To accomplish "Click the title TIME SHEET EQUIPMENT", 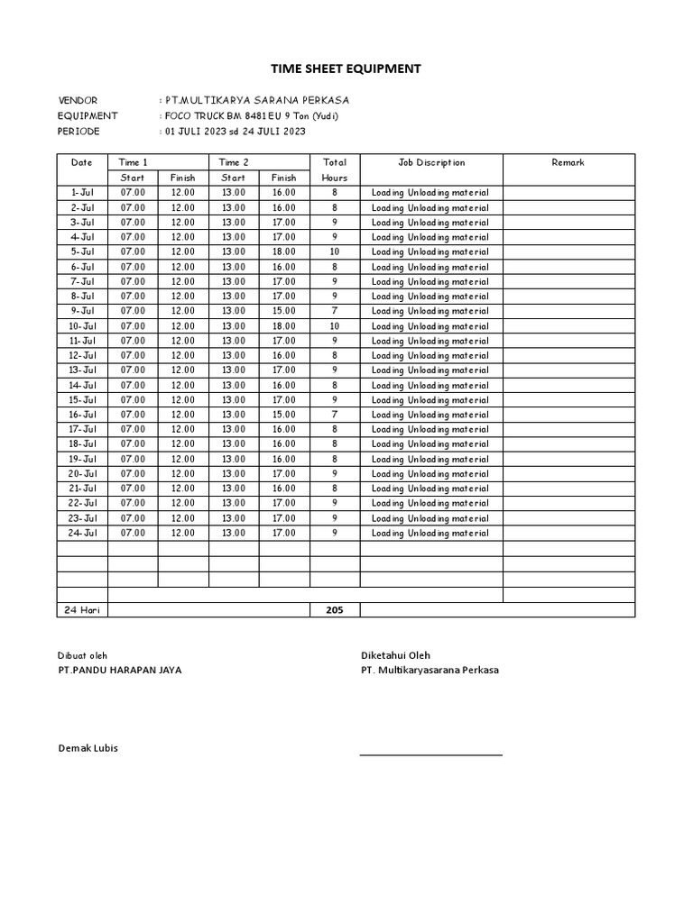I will pyautogui.click(x=346, y=69).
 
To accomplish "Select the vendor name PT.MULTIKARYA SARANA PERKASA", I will pyautogui.click(x=255, y=100).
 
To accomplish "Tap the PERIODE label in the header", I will pyautogui.click(x=79, y=131).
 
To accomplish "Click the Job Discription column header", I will pyautogui.click(x=431, y=162).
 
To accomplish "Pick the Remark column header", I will pyautogui.click(x=568, y=162).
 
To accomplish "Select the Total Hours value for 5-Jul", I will pyautogui.click(x=335, y=251).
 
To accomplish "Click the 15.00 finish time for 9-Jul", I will pyautogui.click(x=283, y=311).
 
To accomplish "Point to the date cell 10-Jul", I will pyautogui.click(x=82, y=325).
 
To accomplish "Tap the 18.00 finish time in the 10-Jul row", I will pyautogui.click(x=283, y=325).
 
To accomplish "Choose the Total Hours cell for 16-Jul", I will pyautogui.click(x=335, y=415).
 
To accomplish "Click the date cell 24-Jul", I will pyautogui.click(x=82, y=533).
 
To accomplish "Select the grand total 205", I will pyautogui.click(x=335, y=610).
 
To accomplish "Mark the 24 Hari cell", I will pyautogui.click(x=82, y=610).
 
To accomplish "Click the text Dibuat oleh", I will pyautogui.click(x=82, y=655).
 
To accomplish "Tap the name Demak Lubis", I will pyautogui.click(x=88, y=748).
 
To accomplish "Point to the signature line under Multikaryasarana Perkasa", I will pyautogui.click(x=431, y=754).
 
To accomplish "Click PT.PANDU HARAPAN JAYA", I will pyautogui.click(x=119, y=670).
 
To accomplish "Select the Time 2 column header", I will pyautogui.click(x=234, y=162).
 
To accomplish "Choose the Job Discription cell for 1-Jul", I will pyautogui.click(x=430, y=193).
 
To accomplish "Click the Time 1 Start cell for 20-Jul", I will pyautogui.click(x=133, y=473).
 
